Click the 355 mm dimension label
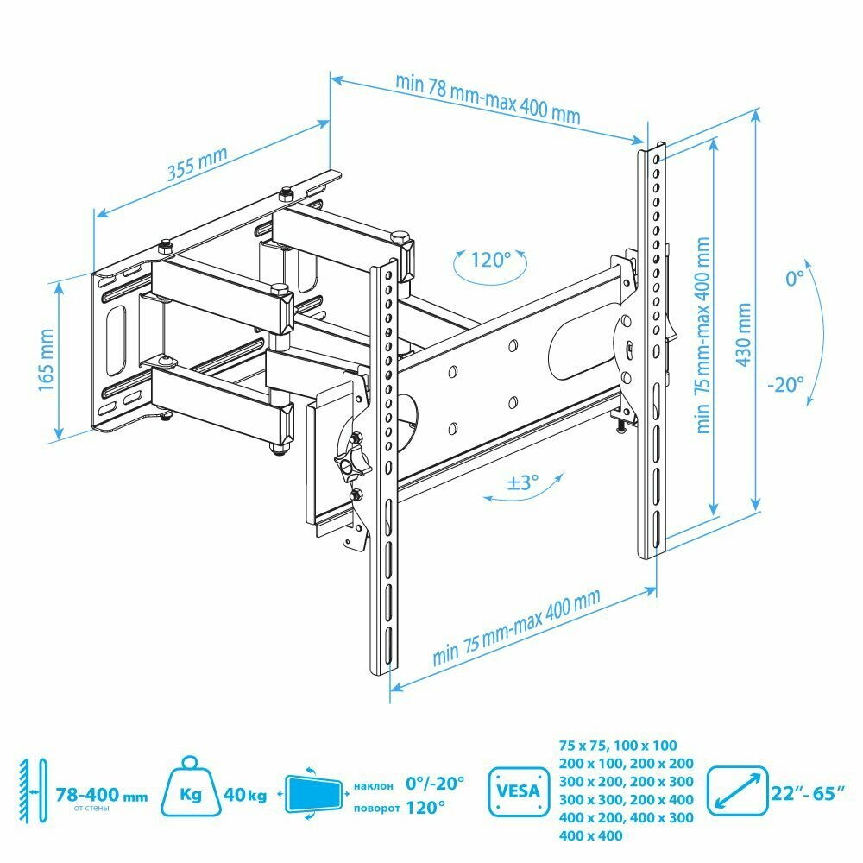coord(198,164)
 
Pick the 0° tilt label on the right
coord(795,279)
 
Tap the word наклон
coord(374,785)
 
